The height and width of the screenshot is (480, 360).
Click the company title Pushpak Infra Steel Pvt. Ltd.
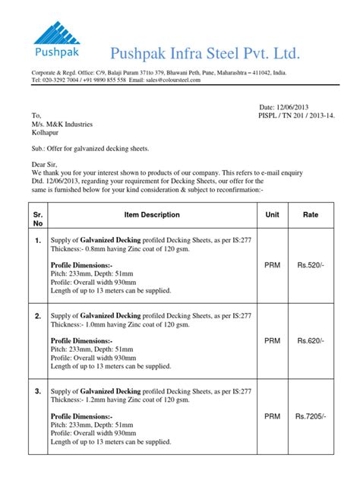click(x=206, y=53)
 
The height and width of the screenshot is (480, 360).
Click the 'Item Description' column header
click(x=152, y=215)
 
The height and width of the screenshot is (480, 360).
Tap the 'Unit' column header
click(x=272, y=215)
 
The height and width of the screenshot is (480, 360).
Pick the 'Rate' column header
click(x=311, y=215)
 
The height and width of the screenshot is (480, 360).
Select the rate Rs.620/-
click(x=311, y=341)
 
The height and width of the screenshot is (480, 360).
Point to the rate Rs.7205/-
click(x=311, y=416)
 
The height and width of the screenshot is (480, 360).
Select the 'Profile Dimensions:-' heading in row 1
click(x=81, y=265)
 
